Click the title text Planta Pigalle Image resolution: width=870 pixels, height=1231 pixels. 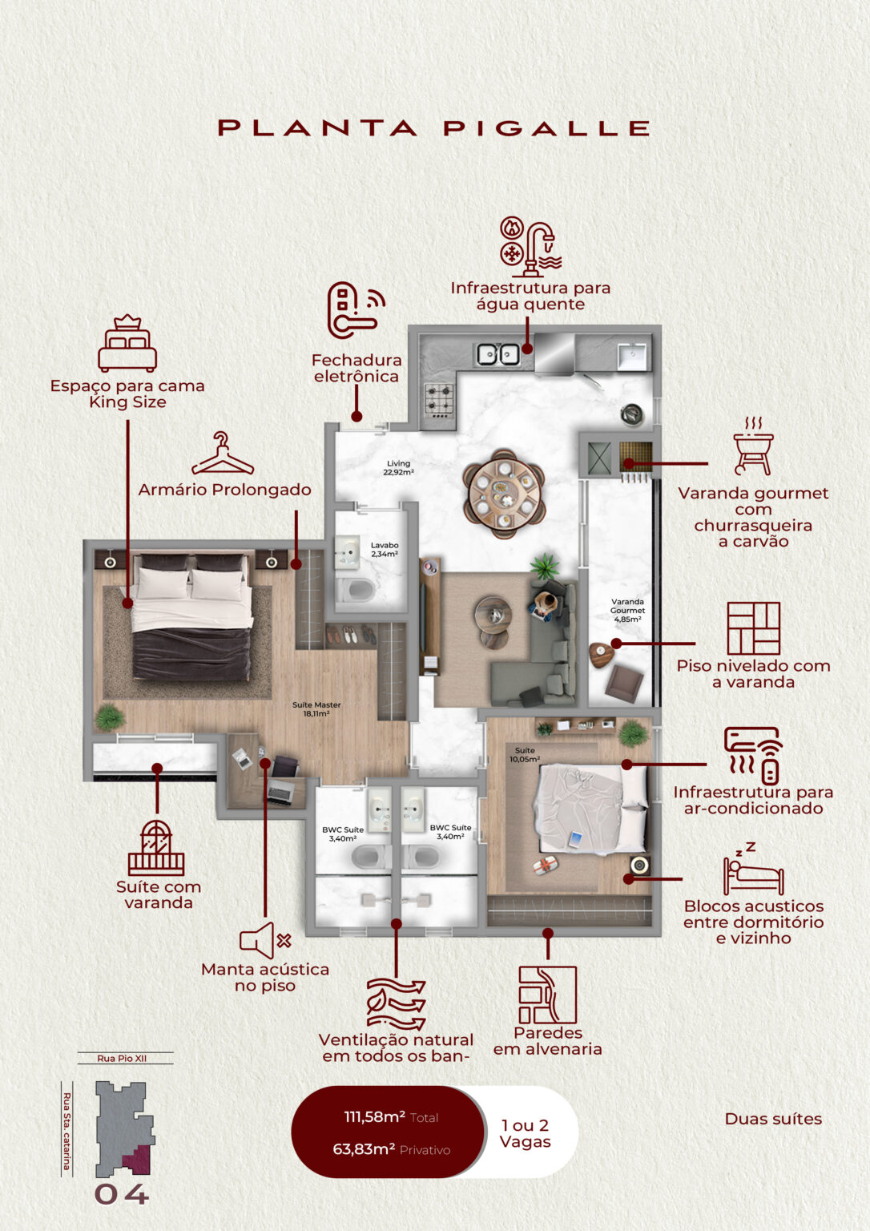[x=433, y=128]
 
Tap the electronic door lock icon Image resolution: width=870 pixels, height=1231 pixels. [x=353, y=309]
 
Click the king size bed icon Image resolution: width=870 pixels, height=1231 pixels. [x=127, y=344]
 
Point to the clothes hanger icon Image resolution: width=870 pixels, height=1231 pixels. [x=222, y=454]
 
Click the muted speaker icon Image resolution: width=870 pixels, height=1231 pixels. [x=264, y=940]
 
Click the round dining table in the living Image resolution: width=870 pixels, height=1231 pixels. [x=504, y=492]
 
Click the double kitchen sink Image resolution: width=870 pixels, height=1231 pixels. [x=497, y=353]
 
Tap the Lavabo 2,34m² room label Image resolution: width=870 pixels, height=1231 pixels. [x=385, y=549]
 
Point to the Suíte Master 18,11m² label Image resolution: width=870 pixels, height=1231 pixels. [x=316, y=708]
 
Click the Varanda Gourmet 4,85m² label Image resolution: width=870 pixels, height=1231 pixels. [x=627, y=610]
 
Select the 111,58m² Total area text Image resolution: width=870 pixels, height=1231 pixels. [x=391, y=1117]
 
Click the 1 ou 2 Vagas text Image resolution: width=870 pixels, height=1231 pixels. [x=525, y=1133]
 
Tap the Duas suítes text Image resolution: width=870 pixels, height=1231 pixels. [x=773, y=1119]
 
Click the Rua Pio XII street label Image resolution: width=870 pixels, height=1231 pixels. [x=122, y=1059]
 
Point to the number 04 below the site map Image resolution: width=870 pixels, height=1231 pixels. [x=122, y=1194]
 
